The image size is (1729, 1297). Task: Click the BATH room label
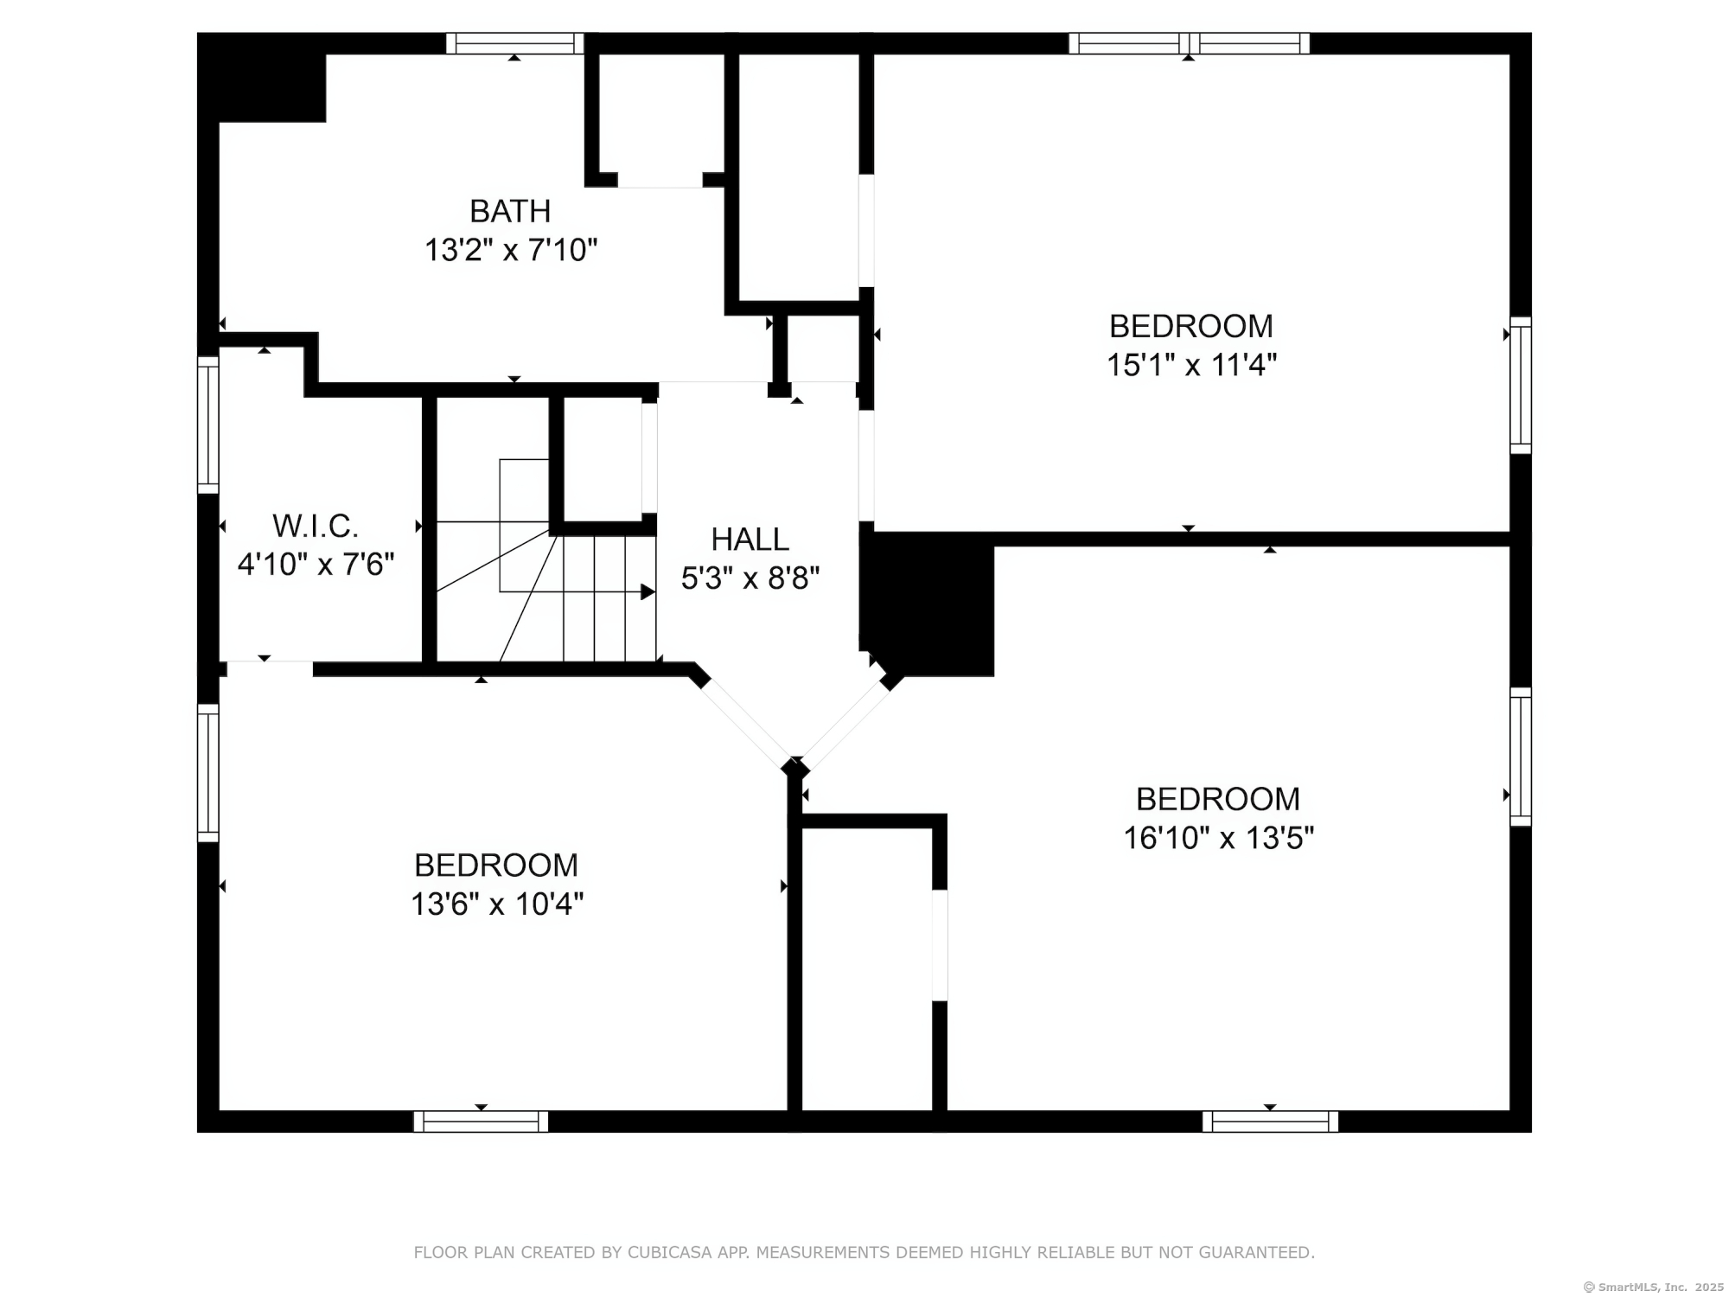coord(510,211)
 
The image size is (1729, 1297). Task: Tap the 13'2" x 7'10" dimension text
coord(511,251)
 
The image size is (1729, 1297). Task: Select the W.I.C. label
coord(316,526)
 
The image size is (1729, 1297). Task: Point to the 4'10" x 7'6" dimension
coord(316,565)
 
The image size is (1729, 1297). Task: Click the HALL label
coord(750,540)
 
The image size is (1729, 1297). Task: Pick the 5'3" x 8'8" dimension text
coord(750,578)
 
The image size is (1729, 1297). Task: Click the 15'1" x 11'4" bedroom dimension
coord(1191,365)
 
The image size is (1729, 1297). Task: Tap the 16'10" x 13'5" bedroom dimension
coord(1218,838)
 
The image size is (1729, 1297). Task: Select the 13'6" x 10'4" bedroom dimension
coord(497,904)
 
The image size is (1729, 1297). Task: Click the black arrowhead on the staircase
coord(648,592)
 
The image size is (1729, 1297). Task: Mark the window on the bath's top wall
coord(515,43)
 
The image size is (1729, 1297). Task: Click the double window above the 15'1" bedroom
coord(1189,43)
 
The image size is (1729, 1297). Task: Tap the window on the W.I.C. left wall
coord(208,425)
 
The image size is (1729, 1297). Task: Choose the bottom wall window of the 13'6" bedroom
coord(481,1121)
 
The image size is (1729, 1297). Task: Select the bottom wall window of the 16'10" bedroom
coord(1270,1121)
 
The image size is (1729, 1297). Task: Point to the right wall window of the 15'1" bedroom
coord(1521,386)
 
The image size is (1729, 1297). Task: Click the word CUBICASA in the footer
coord(670,1252)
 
